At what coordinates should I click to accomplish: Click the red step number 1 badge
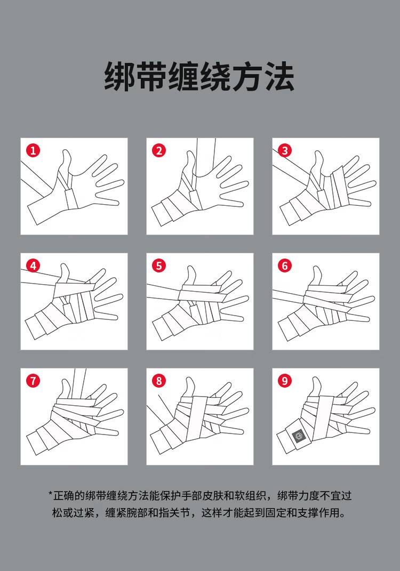point(33,150)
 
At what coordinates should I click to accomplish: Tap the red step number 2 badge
point(159,150)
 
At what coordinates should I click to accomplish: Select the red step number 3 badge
point(285,150)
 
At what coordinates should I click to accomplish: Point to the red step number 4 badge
point(33,266)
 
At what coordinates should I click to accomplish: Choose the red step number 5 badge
point(159,266)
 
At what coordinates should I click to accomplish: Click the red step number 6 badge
point(285,266)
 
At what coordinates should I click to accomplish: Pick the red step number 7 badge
point(33,381)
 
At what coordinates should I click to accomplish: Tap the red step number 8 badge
point(159,381)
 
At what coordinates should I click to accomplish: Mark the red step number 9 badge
point(285,381)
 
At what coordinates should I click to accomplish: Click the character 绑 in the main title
point(120,76)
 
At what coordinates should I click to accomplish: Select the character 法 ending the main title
point(279,76)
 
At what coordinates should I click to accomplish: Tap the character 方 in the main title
point(247,76)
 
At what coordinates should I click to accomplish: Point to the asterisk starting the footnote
point(51,494)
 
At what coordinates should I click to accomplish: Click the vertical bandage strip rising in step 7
point(79,384)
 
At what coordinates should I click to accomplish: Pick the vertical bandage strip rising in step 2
point(205,157)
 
